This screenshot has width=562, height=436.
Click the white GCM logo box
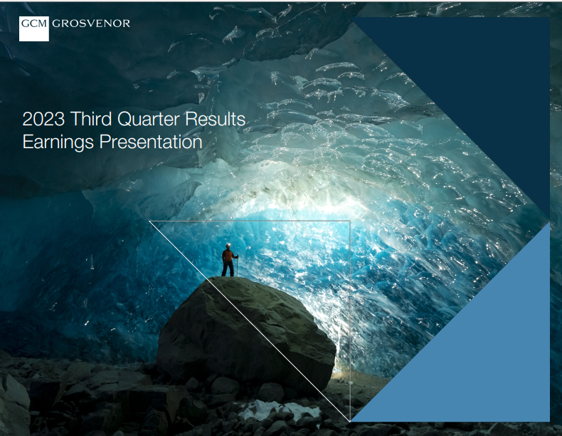click(34, 28)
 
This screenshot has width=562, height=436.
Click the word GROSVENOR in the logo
click(91, 24)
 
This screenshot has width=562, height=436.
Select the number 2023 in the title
click(43, 119)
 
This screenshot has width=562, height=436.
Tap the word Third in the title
click(91, 119)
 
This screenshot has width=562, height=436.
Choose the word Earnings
click(58, 142)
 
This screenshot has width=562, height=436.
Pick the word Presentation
click(151, 142)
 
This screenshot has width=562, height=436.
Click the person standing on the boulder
click(229, 260)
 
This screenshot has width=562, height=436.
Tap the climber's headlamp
click(228, 245)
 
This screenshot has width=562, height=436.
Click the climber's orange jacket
click(228, 255)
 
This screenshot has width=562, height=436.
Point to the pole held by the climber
click(237, 266)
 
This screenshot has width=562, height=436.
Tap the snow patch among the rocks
click(280, 410)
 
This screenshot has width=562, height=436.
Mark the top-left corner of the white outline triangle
click(149, 221)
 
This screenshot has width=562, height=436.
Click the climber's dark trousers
click(228, 269)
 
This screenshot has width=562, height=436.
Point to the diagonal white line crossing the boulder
click(250, 321)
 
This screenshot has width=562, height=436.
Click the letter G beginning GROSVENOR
click(56, 24)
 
